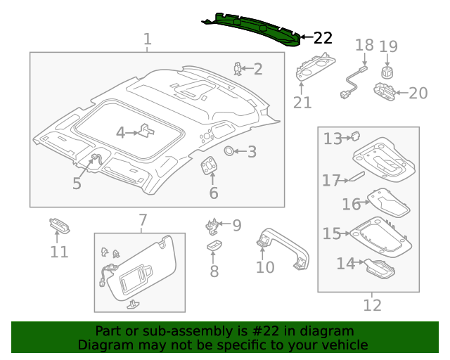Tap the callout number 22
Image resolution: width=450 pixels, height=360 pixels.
(322, 38)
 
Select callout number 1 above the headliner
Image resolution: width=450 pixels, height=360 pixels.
(147, 39)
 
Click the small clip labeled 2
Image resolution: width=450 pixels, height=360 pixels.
(238, 68)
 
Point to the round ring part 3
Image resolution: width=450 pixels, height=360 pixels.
(229, 151)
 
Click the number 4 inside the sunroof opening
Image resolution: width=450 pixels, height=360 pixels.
(120, 132)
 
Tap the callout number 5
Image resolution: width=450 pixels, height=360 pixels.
(77, 184)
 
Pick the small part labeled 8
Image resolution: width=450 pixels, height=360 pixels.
(214, 245)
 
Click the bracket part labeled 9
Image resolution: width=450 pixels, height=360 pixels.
(212, 226)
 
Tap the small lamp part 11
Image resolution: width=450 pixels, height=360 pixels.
(59, 226)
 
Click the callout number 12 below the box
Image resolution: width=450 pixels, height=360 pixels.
(372, 305)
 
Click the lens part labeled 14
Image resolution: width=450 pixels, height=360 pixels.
(378, 266)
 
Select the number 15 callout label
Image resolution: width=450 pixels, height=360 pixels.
(331, 233)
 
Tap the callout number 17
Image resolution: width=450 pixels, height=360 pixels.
(331, 181)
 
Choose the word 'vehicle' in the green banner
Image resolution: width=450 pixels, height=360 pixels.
(344, 345)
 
